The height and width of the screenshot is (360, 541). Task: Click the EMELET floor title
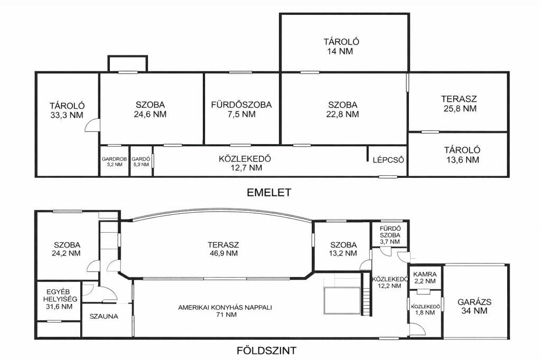[x=269, y=193]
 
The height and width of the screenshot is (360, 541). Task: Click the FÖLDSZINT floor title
[x=266, y=350]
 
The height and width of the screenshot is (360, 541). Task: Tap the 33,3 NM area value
[x=67, y=115]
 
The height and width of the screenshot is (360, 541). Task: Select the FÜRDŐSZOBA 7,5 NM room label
[x=241, y=109]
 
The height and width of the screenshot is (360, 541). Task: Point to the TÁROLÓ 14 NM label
[x=341, y=46]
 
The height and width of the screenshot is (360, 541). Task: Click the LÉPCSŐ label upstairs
[x=388, y=160]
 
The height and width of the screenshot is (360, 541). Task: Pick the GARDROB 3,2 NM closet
[x=114, y=162]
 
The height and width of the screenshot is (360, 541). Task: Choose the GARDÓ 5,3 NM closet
[x=141, y=162]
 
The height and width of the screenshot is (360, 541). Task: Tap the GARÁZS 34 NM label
[x=474, y=306]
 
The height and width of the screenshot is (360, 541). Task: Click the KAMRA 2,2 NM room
[x=425, y=278]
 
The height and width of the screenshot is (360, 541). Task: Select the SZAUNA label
[x=104, y=316]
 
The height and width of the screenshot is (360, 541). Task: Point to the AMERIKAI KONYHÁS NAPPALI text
[x=225, y=307]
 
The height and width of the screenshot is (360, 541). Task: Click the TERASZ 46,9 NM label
[x=223, y=249]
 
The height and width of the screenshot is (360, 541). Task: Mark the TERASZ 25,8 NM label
[x=459, y=103]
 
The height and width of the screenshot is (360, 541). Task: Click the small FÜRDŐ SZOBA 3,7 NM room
[x=390, y=235]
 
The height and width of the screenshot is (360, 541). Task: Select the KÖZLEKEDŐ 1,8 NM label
[x=425, y=309]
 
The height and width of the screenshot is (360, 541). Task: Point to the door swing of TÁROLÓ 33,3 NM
[x=92, y=125]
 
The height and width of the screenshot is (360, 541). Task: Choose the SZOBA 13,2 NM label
[x=343, y=249]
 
